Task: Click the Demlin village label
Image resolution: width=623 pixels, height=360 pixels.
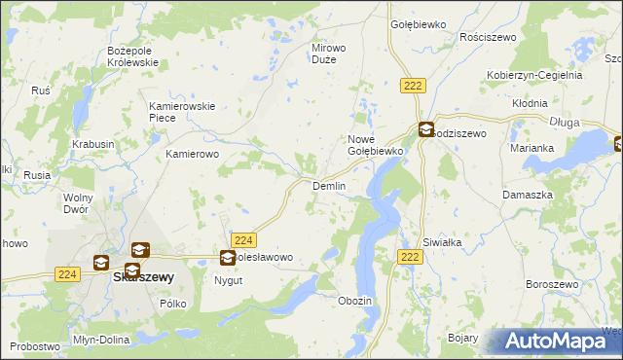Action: [328, 186]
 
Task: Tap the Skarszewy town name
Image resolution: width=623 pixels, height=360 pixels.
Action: [144, 276]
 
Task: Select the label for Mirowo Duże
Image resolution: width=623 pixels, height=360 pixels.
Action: [329, 54]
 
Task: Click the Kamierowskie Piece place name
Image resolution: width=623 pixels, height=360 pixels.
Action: [181, 112]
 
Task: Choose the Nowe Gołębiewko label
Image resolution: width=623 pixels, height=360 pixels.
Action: [375, 145]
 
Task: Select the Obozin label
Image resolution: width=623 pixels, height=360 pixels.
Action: [354, 301]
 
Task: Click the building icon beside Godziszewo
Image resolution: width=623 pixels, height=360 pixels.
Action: [426, 128]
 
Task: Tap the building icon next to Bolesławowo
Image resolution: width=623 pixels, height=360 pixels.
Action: [228, 258]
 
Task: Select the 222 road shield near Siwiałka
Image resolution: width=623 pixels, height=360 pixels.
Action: [410, 256]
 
